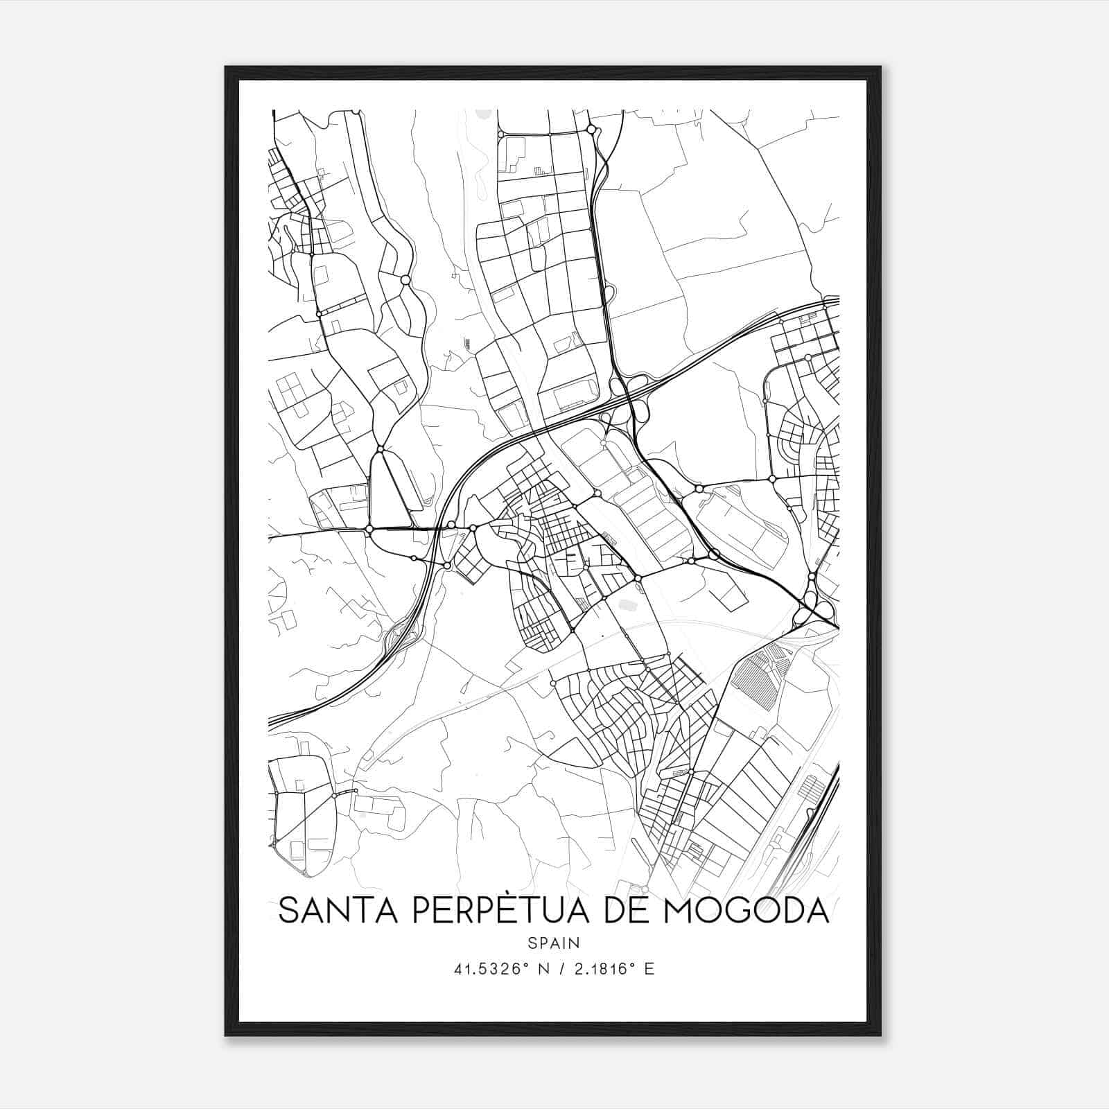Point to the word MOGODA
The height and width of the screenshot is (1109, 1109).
click(746, 911)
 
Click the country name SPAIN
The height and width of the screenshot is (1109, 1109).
click(554, 943)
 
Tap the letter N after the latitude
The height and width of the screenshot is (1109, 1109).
click(543, 969)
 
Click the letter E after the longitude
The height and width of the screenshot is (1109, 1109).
click(649, 969)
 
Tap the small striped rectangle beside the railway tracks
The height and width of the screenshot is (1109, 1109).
click(810, 789)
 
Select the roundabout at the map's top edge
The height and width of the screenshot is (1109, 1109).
click(591, 129)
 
